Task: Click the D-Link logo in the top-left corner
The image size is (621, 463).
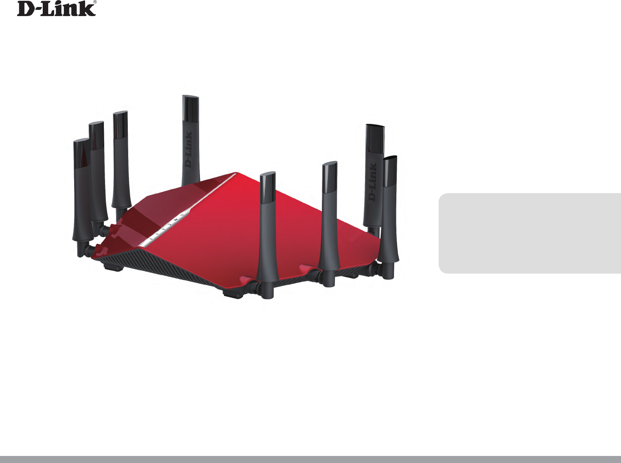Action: [x=56, y=9]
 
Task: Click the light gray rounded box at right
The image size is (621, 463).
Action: [x=529, y=233]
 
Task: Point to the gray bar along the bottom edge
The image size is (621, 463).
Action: [x=310, y=459]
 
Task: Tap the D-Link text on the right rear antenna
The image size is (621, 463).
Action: [x=372, y=182]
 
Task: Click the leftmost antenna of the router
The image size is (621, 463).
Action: [x=82, y=192]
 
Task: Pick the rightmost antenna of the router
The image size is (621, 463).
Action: [x=390, y=212]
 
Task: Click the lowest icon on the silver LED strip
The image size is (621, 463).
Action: [x=151, y=238]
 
